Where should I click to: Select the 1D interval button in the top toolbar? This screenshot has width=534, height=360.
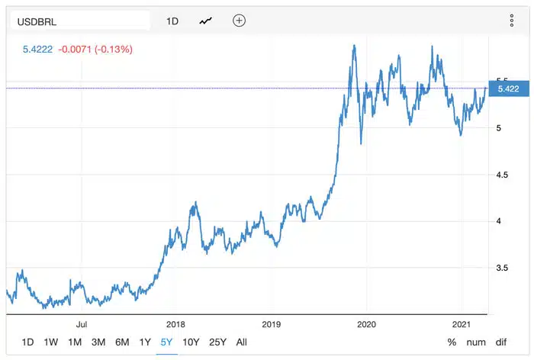click(x=172, y=21)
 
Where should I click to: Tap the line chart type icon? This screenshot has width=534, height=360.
click(x=206, y=21)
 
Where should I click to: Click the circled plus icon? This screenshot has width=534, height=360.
click(x=239, y=21)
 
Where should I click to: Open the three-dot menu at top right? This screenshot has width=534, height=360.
click(x=512, y=21)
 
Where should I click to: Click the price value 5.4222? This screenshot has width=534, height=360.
click(x=39, y=50)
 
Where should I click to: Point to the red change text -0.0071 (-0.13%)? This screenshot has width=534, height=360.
click(x=98, y=50)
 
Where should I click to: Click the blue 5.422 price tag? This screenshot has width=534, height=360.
click(x=507, y=89)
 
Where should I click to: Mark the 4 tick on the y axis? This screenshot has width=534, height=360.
click(x=500, y=221)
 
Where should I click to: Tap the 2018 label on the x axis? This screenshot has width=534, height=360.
click(x=176, y=323)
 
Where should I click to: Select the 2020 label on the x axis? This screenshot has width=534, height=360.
click(x=366, y=323)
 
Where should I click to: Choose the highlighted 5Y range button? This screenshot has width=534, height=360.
click(x=167, y=342)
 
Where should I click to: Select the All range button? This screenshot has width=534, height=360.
click(x=242, y=342)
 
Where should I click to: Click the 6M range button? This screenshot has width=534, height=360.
click(x=122, y=342)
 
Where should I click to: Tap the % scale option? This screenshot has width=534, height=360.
click(x=452, y=342)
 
